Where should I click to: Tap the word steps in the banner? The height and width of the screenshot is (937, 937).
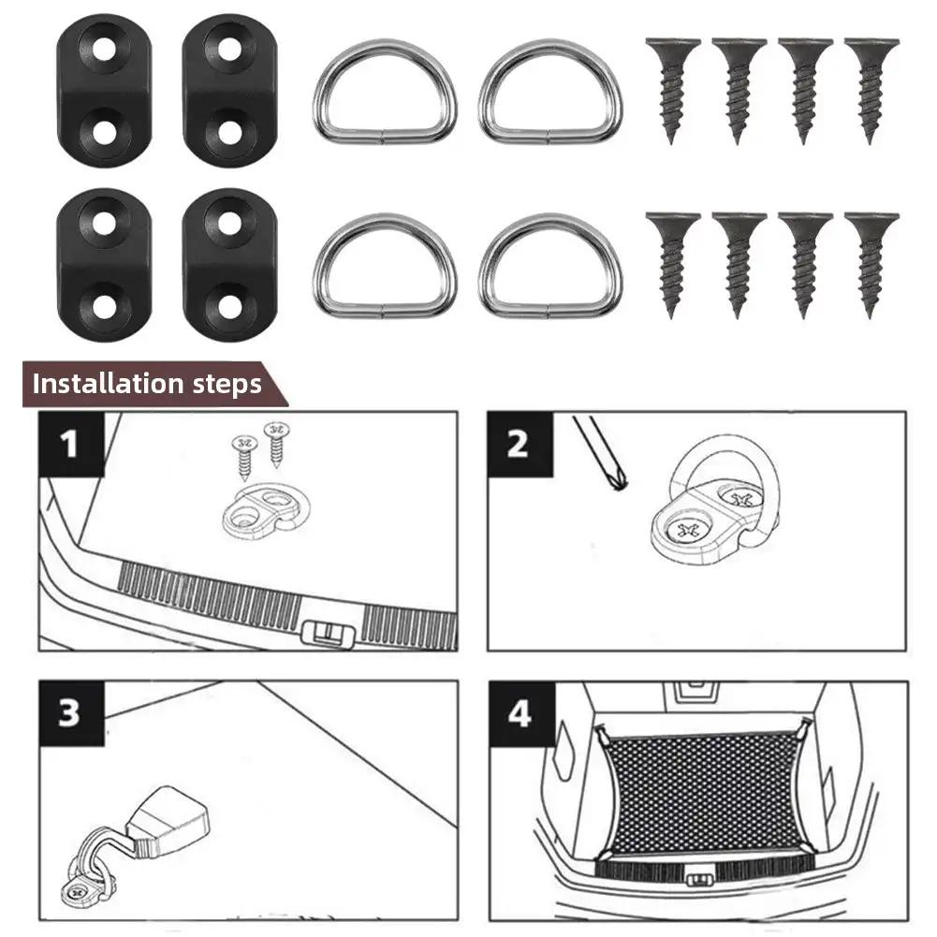(x=225, y=384)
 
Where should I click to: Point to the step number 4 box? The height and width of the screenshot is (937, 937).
(x=519, y=713)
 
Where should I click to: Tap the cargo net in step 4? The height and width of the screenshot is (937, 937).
(x=704, y=792)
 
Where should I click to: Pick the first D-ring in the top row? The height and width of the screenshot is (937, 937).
(x=385, y=92)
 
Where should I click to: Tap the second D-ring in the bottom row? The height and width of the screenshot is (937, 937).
(x=549, y=266)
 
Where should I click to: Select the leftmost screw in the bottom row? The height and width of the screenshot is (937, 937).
(x=672, y=264)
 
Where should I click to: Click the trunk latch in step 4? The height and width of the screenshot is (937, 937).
(x=696, y=880)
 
